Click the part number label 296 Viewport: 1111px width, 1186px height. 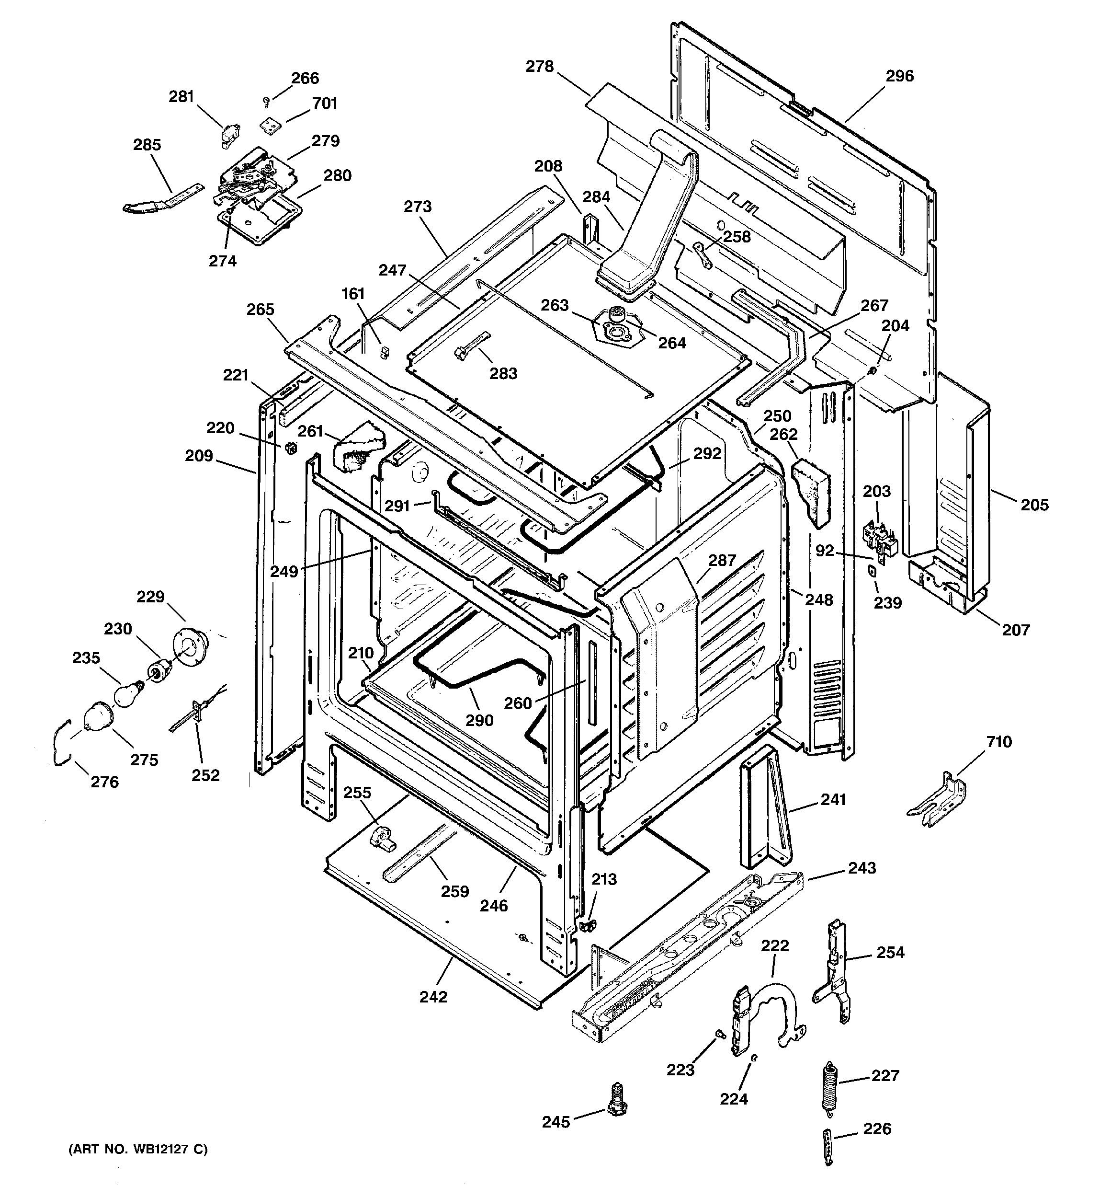point(899,76)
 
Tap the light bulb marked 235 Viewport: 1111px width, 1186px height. point(126,694)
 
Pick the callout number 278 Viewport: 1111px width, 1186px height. point(539,66)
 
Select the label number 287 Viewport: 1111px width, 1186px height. point(722,560)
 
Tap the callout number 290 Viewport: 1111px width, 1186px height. point(479,720)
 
